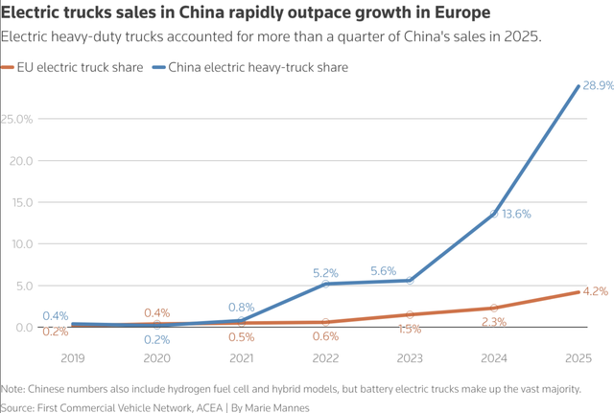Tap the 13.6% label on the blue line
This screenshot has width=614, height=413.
pyautogui.click(x=515, y=214)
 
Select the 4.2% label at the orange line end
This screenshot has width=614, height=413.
pyautogui.click(x=595, y=291)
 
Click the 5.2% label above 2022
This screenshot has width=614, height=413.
pyautogui.click(x=326, y=273)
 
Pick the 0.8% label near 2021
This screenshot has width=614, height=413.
pyautogui.click(x=241, y=308)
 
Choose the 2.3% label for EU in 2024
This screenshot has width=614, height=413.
pyautogui.click(x=493, y=322)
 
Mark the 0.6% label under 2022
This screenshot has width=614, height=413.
pyautogui.click(x=325, y=336)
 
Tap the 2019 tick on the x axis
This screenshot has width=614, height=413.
pyautogui.click(x=73, y=358)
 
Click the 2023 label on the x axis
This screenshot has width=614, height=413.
pyautogui.click(x=410, y=358)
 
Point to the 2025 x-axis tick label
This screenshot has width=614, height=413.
pyautogui.click(x=579, y=358)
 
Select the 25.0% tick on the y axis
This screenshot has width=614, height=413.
pyautogui.click(x=17, y=119)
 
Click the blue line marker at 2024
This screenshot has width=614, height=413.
pyautogui.click(x=494, y=214)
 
